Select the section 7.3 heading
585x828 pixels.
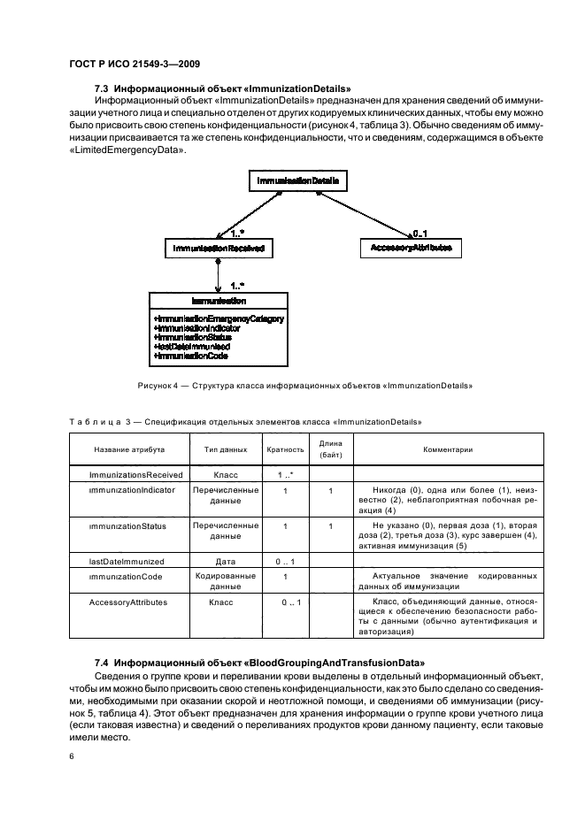pyautogui.click(x=222, y=88)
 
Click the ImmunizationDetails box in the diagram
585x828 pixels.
pyautogui.click(x=297, y=180)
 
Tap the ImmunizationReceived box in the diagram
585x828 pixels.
pyautogui.click(x=218, y=249)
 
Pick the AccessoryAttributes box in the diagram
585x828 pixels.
pyautogui.click(x=411, y=249)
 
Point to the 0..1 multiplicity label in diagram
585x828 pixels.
pyautogui.click(x=420, y=233)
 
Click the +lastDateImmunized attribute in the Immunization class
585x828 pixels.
pyautogui.click(x=192, y=348)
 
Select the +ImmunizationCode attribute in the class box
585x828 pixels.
pyautogui.click(x=190, y=356)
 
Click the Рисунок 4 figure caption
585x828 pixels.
pyautogui.click(x=305, y=386)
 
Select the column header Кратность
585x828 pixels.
pyautogui.click(x=285, y=449)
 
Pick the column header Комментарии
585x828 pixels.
pyautogui.click(x=448, y=449)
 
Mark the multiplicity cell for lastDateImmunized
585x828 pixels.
pyautogui.click(x=285, y=560)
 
